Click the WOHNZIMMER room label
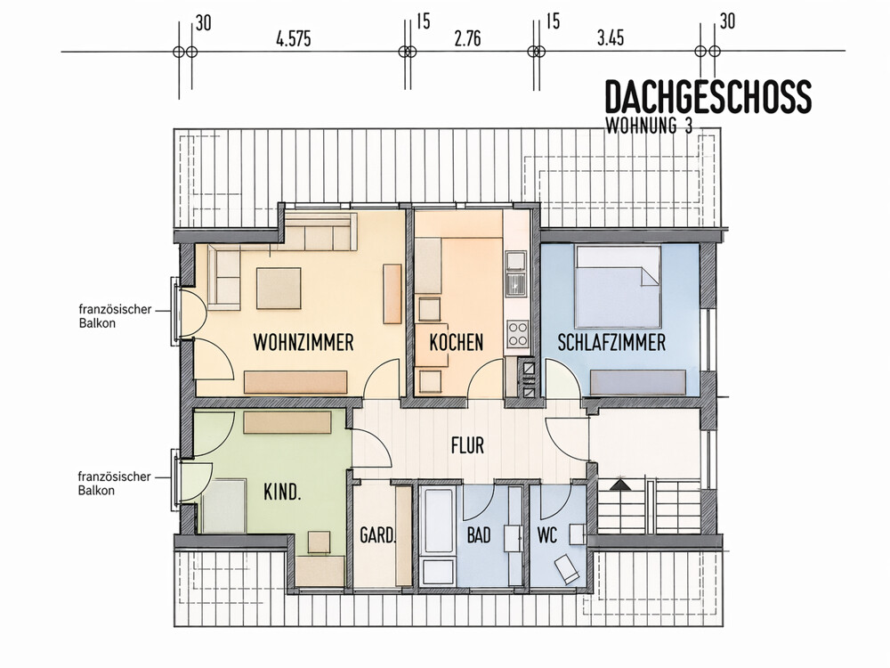303,343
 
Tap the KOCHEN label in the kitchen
457,343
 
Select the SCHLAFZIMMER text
611,343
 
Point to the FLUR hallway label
468,445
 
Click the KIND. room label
282,492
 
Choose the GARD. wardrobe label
377,535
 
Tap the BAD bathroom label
479,535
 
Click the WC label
547,535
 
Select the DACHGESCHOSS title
708,96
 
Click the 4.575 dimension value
294,39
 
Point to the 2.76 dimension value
468,38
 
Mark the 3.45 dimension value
611,38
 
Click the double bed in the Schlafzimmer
619,287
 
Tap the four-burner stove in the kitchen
517,334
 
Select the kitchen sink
516,284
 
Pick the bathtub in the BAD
439,520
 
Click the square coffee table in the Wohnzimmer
279,289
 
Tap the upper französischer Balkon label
115,316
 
